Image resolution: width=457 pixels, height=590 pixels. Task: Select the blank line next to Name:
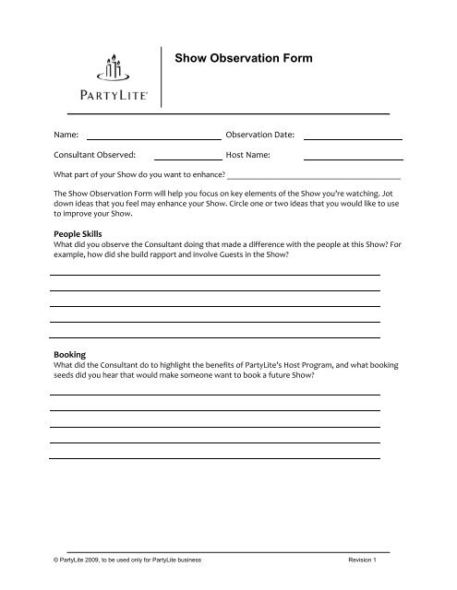tap(152, 138)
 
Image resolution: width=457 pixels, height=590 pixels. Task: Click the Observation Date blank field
tap(353, 138)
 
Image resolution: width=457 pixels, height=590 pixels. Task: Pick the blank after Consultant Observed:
tap(188, 158)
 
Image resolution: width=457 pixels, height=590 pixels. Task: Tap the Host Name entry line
tap(353, 158)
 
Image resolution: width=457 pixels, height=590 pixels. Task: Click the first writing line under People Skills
tap(215, 275)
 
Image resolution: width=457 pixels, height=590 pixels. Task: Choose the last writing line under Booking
tap(215, 456)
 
